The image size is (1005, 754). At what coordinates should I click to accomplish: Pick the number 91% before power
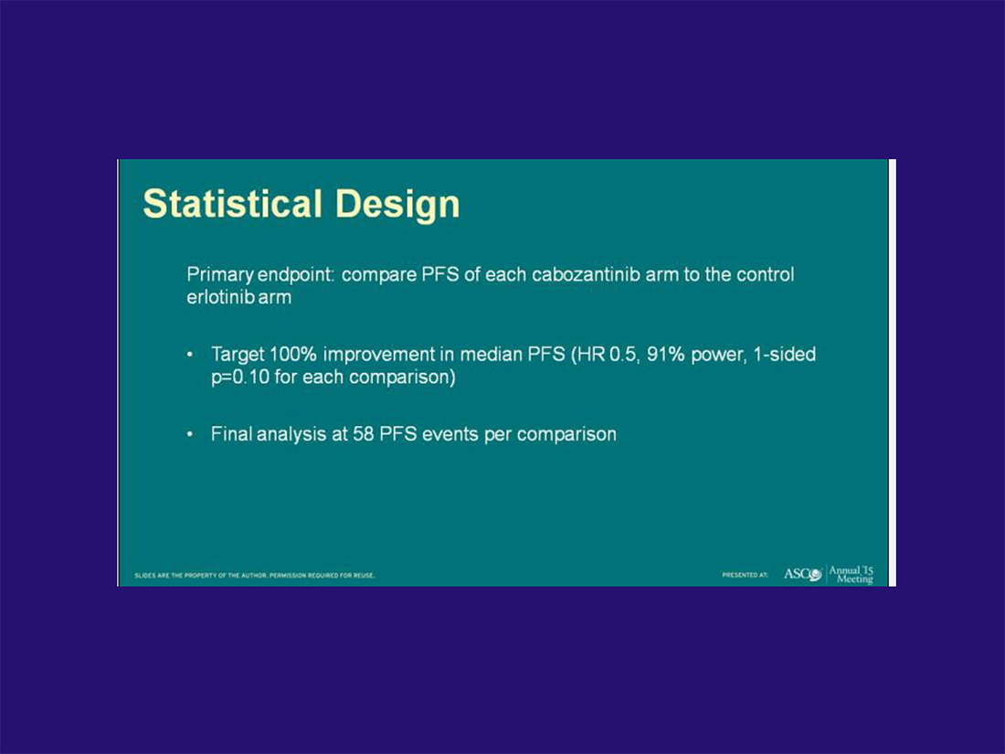point(666,354)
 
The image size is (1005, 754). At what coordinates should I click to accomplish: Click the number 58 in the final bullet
point(363,434)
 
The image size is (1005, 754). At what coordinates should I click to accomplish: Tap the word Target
point(238,356)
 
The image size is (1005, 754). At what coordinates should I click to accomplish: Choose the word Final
point(231,434)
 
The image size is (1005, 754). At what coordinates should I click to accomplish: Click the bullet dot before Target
point(190,355)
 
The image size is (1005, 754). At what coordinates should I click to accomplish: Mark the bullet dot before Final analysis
point(190,434)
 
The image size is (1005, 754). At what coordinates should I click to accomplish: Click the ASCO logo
point(802,574)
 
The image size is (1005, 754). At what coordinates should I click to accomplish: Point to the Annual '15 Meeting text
point(852,575)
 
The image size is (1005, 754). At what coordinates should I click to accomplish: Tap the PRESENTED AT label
point(745,575)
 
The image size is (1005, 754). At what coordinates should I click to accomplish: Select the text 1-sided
point(785,354)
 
